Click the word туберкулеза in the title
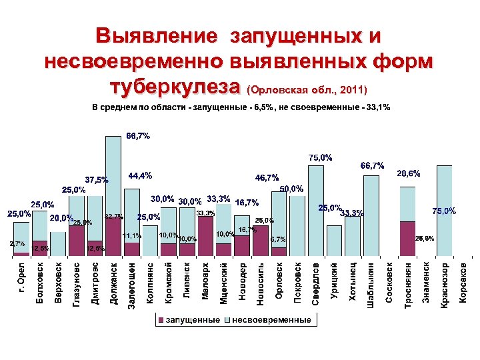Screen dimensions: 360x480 (x=175, y=87)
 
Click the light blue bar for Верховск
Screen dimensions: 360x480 (x=59, y=244)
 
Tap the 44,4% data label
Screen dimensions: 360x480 (x=140, y=176)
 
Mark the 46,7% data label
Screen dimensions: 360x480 (x=267, y=178)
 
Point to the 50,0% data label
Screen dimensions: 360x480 (x=292, y=189)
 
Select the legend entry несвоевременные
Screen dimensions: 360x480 (x=271, y=319)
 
